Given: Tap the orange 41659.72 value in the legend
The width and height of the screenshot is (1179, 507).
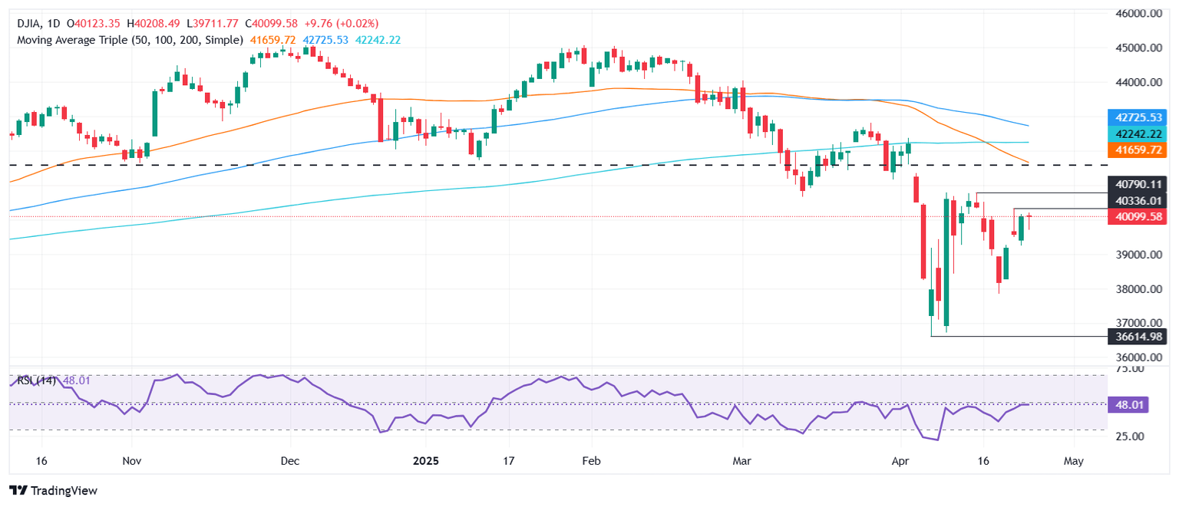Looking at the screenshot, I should [x=272, y=39].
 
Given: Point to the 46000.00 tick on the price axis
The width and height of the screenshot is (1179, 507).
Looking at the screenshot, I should [x=1140, y=14].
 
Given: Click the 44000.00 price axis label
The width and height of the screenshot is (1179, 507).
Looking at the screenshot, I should [x=1140, y=82].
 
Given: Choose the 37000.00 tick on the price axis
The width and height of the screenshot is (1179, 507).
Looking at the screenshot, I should [x=1140, y=324].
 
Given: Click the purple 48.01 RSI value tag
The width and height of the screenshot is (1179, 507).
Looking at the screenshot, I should [x=1128, y=403].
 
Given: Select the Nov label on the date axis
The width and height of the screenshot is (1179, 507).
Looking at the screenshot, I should [x=132, y=461].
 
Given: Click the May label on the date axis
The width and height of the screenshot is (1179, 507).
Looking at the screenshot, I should [x=1074, y=461].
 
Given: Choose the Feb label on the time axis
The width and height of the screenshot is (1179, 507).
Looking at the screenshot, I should [x=591, y=461].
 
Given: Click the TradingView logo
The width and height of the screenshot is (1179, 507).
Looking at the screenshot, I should [x=54, y=490].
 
